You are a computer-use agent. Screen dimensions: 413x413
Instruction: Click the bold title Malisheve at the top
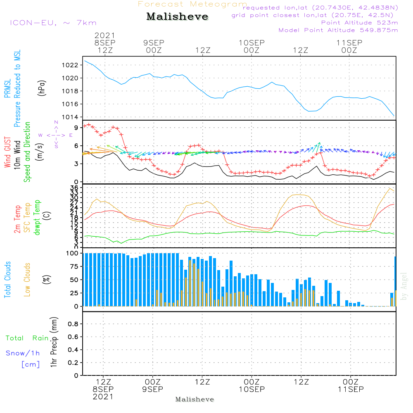click(x=178, y=17)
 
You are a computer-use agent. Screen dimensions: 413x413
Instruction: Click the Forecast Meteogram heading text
click(x=192, y=4)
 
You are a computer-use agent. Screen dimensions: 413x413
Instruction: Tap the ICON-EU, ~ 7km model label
click(x=53, y=23)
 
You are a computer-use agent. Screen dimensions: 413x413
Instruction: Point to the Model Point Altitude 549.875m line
click(x=338, y=30)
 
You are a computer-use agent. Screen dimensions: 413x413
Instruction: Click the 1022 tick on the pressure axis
click(x=71, y=65)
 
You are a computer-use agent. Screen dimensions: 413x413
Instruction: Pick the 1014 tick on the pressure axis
click(x=71, y=117)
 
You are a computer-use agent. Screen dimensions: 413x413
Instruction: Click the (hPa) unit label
click(x=42, y=88)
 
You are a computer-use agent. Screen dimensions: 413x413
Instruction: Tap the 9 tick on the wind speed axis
click(x=76, y=128)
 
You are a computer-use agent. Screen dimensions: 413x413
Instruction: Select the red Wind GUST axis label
click(x=7, y=153)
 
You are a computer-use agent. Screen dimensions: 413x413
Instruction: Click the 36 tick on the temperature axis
click(x=74, y=188)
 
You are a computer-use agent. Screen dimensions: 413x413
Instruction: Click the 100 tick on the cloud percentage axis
click(x=73, y=253)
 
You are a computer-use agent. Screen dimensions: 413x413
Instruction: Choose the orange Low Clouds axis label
click(x=28, y=280)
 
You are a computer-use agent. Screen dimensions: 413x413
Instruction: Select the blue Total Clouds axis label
click(x=7, y=280)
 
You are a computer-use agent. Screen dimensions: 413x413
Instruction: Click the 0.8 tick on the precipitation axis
click(x=73, y=324)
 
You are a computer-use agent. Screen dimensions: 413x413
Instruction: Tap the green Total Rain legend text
click(x=27, y=338)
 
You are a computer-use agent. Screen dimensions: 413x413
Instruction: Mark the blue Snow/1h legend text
click(x=23, y=353)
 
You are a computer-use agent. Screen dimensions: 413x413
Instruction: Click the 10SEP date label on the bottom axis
click(x=252, y=389)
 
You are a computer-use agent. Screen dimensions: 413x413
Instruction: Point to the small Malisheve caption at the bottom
click(x=195, y=399)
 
